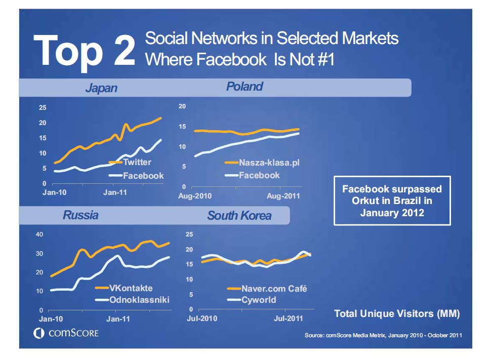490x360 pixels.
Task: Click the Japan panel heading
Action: (101, 88)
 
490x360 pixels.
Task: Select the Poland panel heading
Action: (244, 87)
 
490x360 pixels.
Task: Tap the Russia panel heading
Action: (80, 215)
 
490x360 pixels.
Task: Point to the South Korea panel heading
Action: (239, 216)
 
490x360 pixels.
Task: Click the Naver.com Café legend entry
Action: (273, 289)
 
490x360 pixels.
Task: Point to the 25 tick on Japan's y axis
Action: (43, 108)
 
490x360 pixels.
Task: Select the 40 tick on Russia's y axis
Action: (39, 234)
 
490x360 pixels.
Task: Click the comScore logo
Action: (66, 333)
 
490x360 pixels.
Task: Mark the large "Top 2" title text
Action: (85, 50)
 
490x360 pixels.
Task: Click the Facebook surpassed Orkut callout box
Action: (392, 201)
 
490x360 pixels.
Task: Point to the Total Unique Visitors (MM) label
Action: (397, 314)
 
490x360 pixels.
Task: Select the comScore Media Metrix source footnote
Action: (383, 335)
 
